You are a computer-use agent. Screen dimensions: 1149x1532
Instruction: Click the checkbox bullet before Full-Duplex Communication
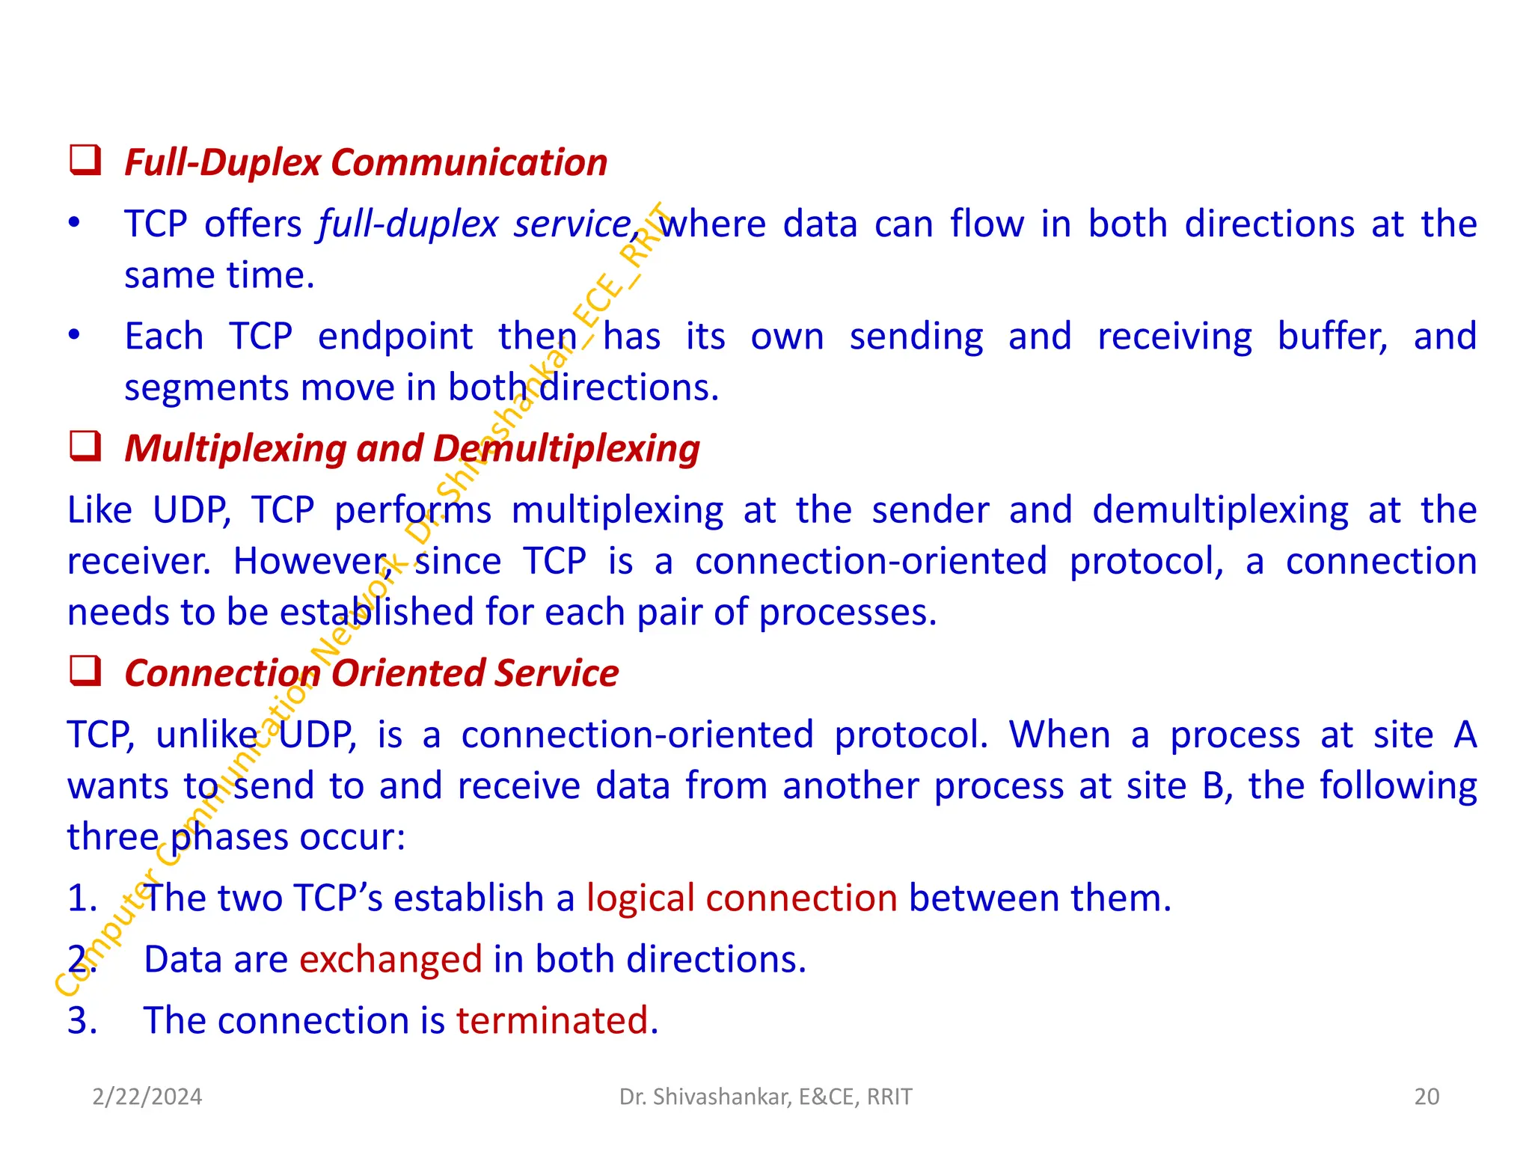coord(85,160)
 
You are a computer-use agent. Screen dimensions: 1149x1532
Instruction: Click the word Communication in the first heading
coord(469,162)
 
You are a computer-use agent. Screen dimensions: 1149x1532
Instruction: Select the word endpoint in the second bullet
coord(395,337)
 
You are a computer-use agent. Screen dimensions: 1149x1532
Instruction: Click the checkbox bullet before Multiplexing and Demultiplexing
coord(85,446)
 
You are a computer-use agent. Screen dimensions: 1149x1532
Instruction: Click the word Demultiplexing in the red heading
coord(566,449)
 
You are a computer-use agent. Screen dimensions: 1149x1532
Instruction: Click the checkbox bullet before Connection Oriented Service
coord(85,670)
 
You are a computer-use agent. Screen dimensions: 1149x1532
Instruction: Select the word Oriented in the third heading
coord(408,673)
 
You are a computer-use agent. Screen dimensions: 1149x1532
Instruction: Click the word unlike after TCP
coord(207,735)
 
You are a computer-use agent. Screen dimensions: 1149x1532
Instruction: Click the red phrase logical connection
coord(741,898)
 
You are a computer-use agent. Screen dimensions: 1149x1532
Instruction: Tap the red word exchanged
coord(390,959)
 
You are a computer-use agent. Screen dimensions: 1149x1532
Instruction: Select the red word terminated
coord(557,1020)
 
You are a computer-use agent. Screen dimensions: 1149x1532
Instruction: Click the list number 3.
coord(82,1020)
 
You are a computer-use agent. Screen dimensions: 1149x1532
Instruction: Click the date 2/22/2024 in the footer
coord(147,1097)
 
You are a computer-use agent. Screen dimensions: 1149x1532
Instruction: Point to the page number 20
coord(1427,1097)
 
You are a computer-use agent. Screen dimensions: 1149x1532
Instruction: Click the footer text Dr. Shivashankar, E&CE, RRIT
coord(765,1097)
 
